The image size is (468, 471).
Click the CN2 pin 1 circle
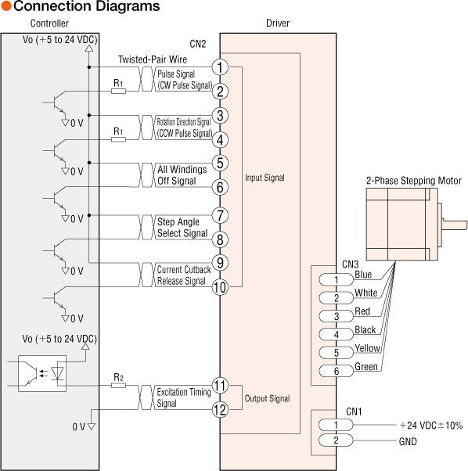click(220, 67)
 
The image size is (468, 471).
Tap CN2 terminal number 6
click(220, 187)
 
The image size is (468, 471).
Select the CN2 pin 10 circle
click(220, 287)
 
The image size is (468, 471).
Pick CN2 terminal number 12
click(220, 410)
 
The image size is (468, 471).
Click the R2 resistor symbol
click(118, 386)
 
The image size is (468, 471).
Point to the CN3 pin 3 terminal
click(337, 316)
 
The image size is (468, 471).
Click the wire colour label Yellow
click(367, 348)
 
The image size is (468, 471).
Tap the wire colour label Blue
click(363, 275)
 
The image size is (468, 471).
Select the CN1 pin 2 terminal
click(336, 440)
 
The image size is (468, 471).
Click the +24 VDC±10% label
click(430, 426)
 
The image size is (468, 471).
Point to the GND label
click(408, 441)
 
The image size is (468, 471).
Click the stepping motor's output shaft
click(455, 225)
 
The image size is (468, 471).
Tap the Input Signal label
click(265, 178)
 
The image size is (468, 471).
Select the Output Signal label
click(268, 398)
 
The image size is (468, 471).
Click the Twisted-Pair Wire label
click(153, 59)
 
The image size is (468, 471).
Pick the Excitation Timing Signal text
click(184, 397)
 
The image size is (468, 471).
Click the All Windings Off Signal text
click(182, 175)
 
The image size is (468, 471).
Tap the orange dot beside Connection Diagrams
click(6, 6)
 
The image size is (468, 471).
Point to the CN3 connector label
click(351, 264)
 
